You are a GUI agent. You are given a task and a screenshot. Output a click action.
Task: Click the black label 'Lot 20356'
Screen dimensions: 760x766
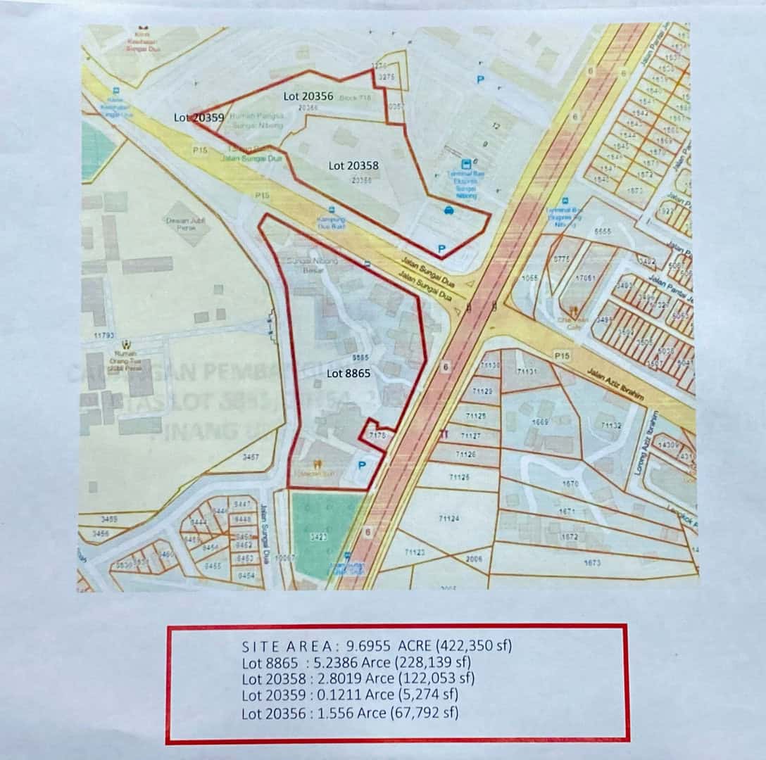tap(308, 95)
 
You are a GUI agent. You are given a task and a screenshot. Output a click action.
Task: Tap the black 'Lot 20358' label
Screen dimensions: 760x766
tap(353, 165)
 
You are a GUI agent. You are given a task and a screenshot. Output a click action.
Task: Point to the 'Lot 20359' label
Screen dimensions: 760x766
tap(199, 118)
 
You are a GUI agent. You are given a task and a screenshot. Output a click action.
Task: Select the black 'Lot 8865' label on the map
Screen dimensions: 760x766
tap(349, 373)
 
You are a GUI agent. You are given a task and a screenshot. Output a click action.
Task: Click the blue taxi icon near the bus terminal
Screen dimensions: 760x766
tap(448, 210)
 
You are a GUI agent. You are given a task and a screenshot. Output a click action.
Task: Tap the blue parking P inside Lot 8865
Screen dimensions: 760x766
tap(363, 465)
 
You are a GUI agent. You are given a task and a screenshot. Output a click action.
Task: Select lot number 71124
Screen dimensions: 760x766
tap(448, 519)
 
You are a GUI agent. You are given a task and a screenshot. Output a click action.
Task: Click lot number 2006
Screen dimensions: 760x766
tap(474, 559)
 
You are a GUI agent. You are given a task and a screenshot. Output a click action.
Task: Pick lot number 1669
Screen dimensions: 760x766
tap(540, 422)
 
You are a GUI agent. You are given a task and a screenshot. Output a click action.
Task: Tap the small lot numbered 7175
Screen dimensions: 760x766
tap(377, 436)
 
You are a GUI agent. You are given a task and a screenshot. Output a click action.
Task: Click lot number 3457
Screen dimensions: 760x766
tap(250, 457)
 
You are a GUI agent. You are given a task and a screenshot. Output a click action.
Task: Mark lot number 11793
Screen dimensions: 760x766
tap(103, 336)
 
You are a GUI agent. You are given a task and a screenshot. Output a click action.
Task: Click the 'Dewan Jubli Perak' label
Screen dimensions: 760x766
tap(184, 223)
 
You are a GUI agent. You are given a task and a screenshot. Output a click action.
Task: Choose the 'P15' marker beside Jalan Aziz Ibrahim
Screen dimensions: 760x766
tap(561, 356)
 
